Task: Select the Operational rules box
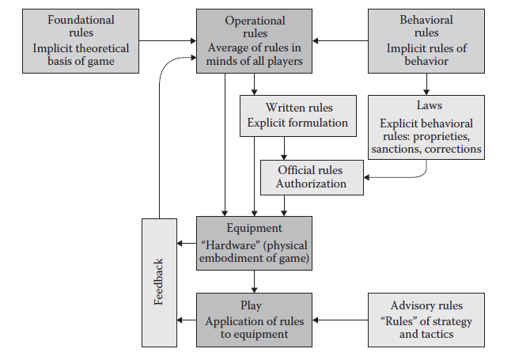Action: pyautogui.click(x=255, y=40)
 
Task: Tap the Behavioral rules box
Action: pyautogui.click(x=426, y=40)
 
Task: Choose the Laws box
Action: pyautogui.click(x=426, y=127)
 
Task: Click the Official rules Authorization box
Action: pyautogui.click(x=311, y=177)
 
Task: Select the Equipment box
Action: pyautogui.click(x=255, y=241)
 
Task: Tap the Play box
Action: pyautogui.click(x=255, y=319)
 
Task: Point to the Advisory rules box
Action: pyautogui.click(x=426, y=319)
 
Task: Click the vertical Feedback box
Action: pyautogui.click(x=159, y=280)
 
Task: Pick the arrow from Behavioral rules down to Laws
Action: pyautogui.click(x=426, y=82)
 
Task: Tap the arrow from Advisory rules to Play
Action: pyautogui.click(x=341, y=320)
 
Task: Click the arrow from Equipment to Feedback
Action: pyautogui.click(x=187, y=241)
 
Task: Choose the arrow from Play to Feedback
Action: pyautogui.click(x=187, y=320)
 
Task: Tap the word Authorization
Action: pyautogui.click(x=311, y=184)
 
